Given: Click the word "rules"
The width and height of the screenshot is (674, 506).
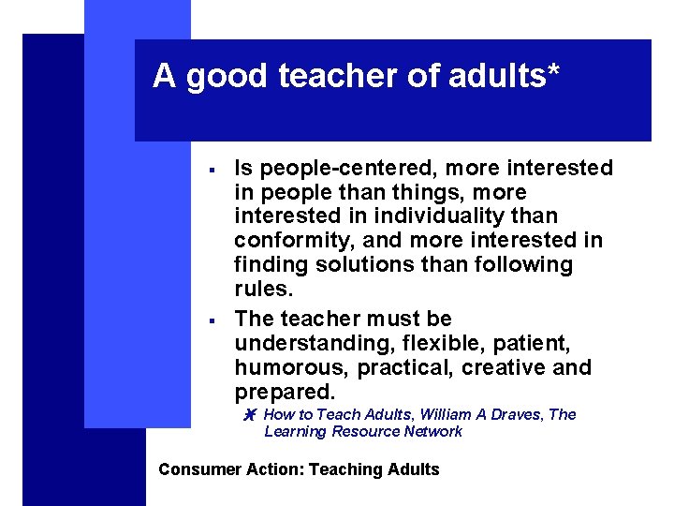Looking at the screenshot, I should point(261,289).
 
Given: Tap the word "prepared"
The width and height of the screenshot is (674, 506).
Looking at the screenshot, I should point(284,391).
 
